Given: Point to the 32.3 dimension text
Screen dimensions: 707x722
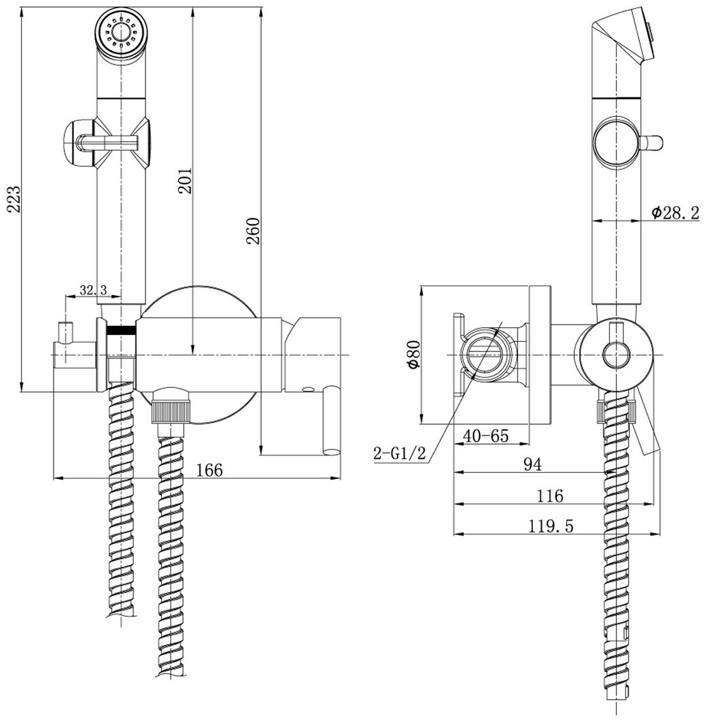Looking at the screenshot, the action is pos(93,289).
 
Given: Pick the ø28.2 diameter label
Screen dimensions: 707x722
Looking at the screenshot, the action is pos(675,213).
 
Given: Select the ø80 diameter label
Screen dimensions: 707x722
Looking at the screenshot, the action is pos(413,355).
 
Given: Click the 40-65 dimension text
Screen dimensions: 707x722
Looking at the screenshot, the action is pos(486,436).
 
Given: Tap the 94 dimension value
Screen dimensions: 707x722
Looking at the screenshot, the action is pos(533,464).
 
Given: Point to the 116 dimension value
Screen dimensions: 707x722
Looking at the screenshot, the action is pos(550,495).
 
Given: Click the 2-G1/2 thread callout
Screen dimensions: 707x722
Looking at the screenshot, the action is pos(399,454).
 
